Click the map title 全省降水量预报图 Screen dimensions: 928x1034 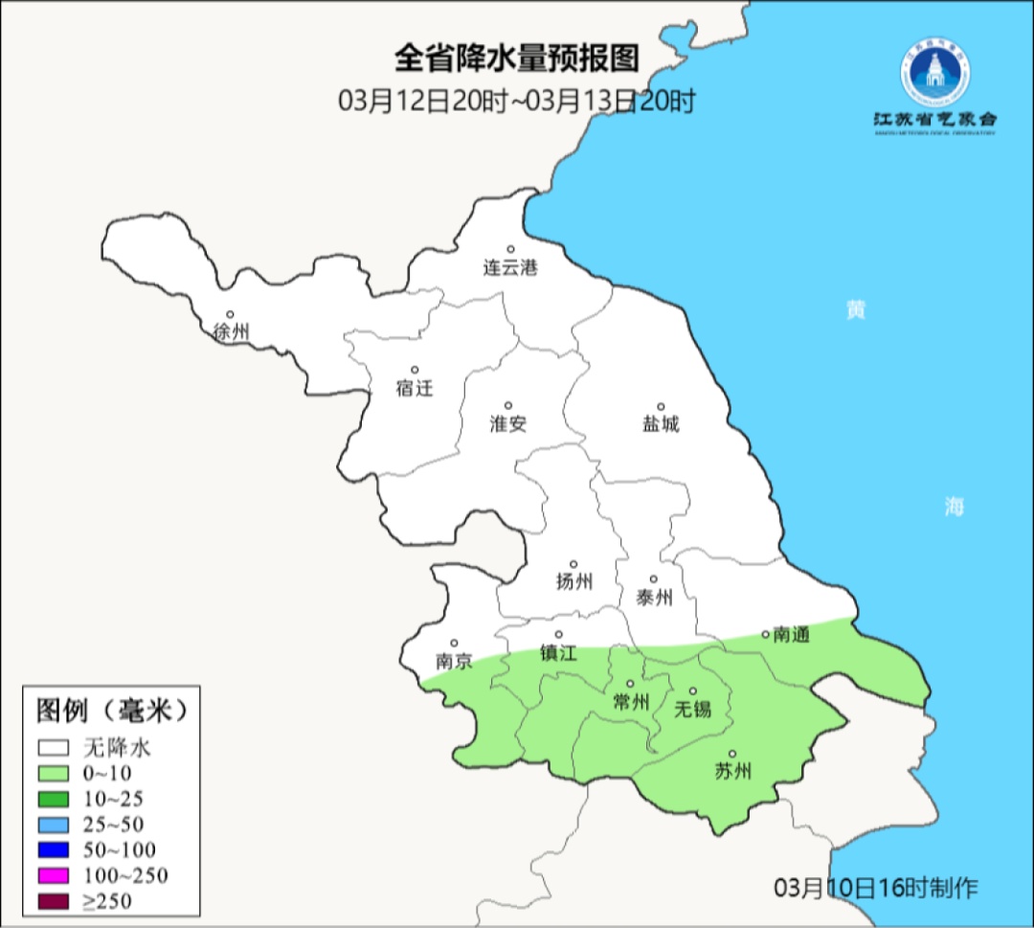click(516, 59)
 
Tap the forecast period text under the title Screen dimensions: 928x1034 click(516, 101)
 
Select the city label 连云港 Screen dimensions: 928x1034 click(510, 268)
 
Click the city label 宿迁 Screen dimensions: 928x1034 click(415, 388)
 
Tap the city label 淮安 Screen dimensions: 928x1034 click(508, 424)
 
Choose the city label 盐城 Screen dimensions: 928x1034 click(660, 424)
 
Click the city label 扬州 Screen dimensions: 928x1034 click(573, 581)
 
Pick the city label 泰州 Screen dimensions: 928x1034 click(654, 598)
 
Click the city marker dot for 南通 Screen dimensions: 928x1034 click(765, 634)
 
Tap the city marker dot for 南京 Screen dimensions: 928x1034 click(454, 644)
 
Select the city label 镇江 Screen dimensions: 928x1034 click(559, 653)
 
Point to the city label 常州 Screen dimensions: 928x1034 click(631, 702)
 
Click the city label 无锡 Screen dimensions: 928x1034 click(693, 710)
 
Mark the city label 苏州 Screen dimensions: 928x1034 click(733, 772)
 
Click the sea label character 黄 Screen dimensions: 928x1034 click(855, 310)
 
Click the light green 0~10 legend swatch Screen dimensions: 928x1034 click(54, 773)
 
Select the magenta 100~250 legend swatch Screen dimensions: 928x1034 click(54, 874)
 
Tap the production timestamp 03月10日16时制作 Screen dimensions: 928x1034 click(876, 888)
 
